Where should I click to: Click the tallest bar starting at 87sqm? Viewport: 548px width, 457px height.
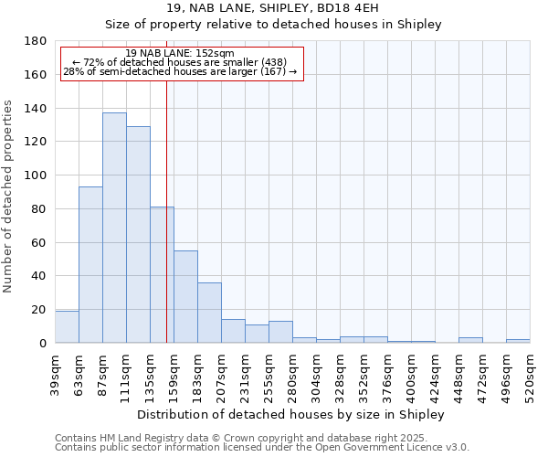point(114,228)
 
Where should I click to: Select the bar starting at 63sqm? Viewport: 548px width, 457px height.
point(90,265)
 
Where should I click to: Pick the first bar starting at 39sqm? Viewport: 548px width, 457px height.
point(67,327)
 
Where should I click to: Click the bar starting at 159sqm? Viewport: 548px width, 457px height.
point(185,297)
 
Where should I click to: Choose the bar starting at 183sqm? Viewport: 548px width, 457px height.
point(209,313)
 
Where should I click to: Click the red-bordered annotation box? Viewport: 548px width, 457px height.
point(181,63)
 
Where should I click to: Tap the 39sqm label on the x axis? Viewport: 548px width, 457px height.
point(56,374)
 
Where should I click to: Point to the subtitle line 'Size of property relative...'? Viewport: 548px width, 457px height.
point(273,25)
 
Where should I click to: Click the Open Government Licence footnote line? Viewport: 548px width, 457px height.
point(262,447)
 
